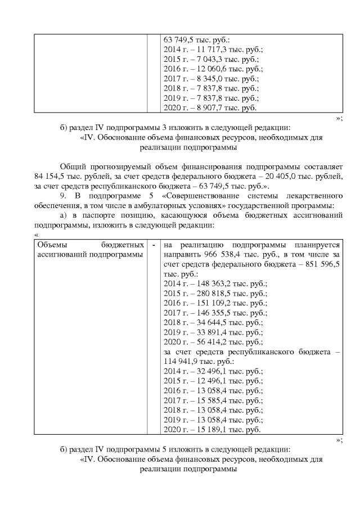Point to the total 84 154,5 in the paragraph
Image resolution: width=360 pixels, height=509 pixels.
(x=51, y=177)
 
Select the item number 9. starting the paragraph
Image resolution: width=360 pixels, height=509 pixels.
(x=63, y=195)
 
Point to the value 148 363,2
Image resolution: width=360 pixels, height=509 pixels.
(x=210, y=283)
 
